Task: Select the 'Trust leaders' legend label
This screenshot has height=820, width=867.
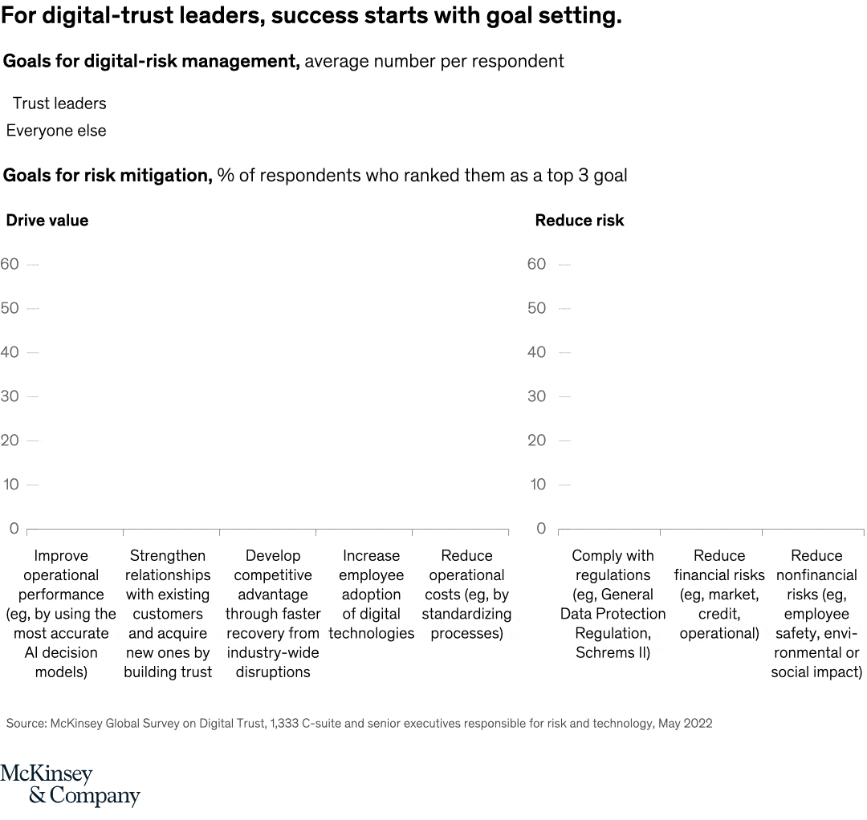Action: pyautogui.click(x=59, y=104)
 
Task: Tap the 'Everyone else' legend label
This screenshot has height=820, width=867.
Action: pyautogui.click(x=56, y=131)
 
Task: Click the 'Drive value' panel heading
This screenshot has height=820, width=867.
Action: pyautogui.click(x=47, y=221)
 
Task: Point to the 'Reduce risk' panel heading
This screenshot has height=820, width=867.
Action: pyautogui.click(x=579, y=221)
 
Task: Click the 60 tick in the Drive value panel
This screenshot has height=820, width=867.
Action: pyautogui.click(x=10, y=264)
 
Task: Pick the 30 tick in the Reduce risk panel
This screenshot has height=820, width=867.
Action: pyautogui.click(x=536, y=396)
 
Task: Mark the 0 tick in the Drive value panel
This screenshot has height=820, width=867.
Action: pyautogui.click(x=14, y=528)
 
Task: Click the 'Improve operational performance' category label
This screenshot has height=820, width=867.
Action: pyautogui.click(x=61, y=614)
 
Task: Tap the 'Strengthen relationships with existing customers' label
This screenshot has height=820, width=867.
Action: pyautogui.click(x=168, y=614)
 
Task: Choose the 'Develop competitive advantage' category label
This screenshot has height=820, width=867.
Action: pyautogui.click(x=273, y=614)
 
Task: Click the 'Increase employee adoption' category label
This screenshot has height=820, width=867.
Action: pyautogui.click(x=371, y=595)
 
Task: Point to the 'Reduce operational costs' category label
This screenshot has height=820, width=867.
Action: pyautogui.click(x=466, y=595)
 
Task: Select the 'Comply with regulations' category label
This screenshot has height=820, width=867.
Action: pyautogui.click(x=613, y=604)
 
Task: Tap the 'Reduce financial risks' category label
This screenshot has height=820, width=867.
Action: pyautogui.click(x=719, y=595)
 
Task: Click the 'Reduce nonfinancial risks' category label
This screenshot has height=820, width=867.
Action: pyautogui.click(x=816, y=614)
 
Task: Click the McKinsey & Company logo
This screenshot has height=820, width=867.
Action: pyautogui.click(x=70, y=785)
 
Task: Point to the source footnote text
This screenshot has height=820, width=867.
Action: pyautogui.click(x=359, y=724)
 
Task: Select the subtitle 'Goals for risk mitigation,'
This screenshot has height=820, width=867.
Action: pyautogui.click(x=108, y=176)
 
